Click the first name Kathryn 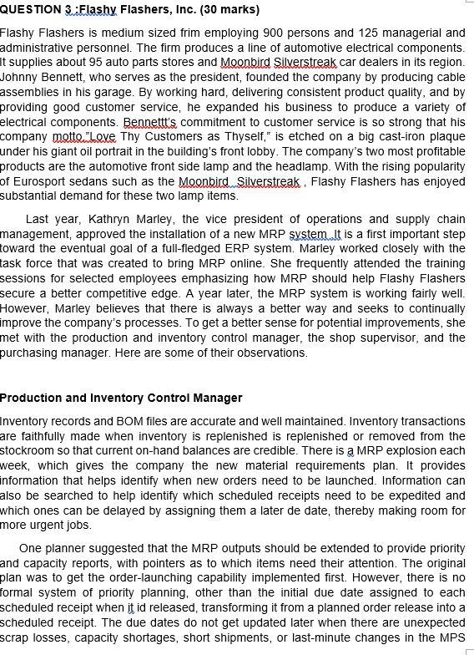coord(110,218)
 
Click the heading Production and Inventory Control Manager coord(121,398)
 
